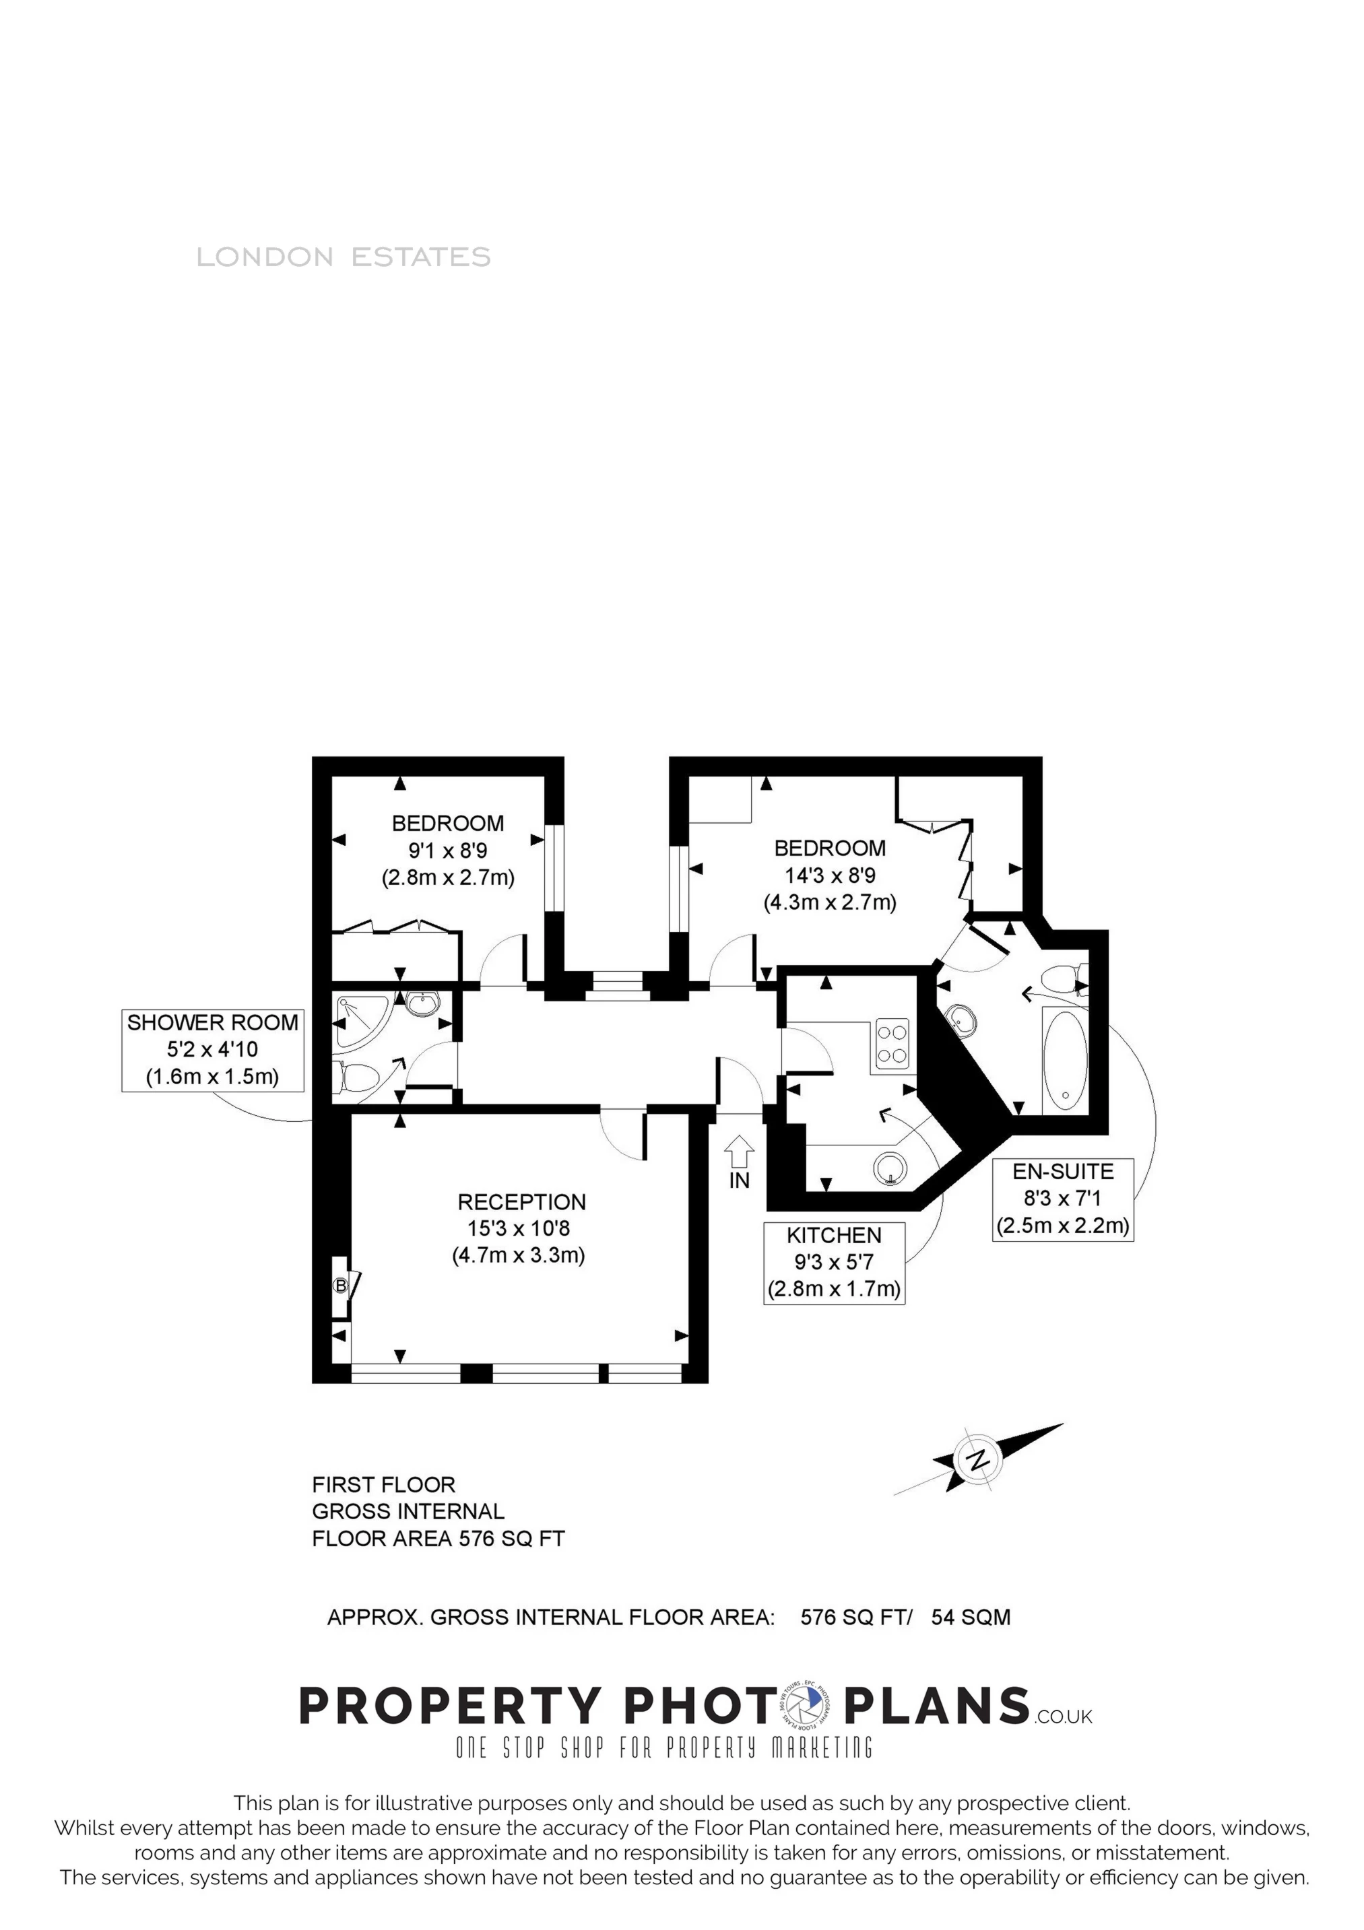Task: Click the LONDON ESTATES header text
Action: coord(343,257)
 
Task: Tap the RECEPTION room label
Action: coord(521,1202)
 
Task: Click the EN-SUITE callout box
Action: coord(1063,1199)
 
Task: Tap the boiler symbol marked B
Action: coord(341,1286)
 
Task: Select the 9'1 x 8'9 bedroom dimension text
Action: coord(447,851)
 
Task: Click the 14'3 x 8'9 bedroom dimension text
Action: coord(829,875)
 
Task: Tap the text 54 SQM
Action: coord(971,1616)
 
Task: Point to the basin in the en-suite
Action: coord(961,1020)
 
